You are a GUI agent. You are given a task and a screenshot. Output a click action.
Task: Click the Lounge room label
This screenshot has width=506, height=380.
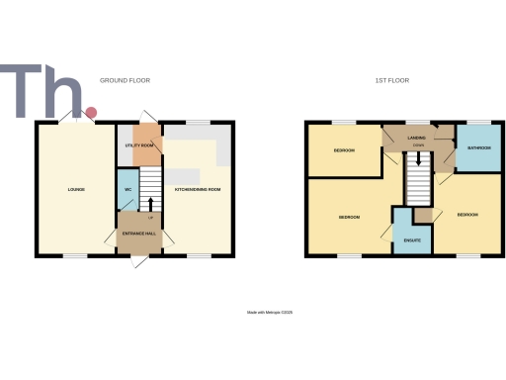tap(76, 189)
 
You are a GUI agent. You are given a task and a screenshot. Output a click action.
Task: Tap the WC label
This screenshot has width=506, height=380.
tap(127, 189)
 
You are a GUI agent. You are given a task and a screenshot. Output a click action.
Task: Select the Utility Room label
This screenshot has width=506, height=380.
tap(139, 145)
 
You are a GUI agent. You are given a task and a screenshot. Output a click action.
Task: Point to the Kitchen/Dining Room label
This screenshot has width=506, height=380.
tap(197, 189)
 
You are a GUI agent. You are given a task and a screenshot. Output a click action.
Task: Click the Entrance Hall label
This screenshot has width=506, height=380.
tap(137, 234)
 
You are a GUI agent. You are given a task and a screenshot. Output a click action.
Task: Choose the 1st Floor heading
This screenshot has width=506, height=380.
tap(392, 80)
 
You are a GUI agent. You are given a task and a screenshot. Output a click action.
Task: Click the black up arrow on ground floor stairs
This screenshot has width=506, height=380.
tap(150, 207)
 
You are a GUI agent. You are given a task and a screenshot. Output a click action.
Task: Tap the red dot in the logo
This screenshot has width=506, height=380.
tap(91, 113)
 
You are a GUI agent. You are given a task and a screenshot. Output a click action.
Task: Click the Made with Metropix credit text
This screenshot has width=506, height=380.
tap(270, 313)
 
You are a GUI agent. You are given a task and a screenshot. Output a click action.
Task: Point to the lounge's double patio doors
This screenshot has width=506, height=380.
tap(76, 120)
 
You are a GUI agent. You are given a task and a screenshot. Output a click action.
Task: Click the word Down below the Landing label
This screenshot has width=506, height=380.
tap(419, 146)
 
